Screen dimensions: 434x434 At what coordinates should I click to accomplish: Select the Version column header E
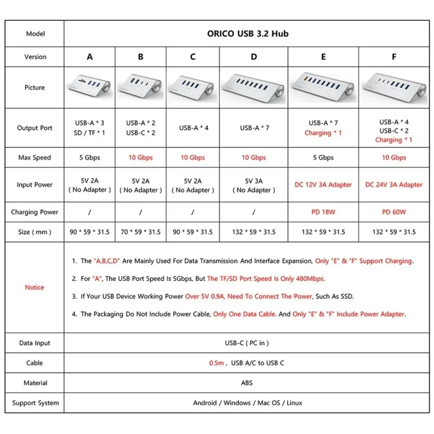click(323, 57)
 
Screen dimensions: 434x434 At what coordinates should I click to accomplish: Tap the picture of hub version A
click(89, 87)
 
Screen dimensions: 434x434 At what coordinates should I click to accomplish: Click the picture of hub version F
click(394, 87)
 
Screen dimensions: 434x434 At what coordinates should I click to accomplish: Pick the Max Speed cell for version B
click(141, 158)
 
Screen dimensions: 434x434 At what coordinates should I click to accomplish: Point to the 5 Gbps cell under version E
click(323, 158)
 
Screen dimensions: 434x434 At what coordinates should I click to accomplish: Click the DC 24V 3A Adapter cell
click(394, 185)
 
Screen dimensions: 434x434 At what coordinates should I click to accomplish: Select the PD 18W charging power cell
click(323, 212)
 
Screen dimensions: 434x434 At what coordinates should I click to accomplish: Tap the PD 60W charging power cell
click(394, 212)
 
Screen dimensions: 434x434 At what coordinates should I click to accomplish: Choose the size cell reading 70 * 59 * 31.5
click(141, 232)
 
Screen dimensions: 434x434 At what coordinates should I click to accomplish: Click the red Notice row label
click(34, 287)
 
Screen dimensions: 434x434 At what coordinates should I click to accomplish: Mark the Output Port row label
click(34, 128)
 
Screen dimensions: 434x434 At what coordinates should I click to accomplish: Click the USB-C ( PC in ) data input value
click(247, 343)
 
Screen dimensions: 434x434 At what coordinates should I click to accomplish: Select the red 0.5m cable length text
click(216, 363)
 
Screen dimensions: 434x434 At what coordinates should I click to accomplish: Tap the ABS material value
click(247, 383)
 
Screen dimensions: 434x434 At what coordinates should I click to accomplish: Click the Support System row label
click(35, 403)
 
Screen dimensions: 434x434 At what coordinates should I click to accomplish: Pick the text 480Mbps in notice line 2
click(309, 279)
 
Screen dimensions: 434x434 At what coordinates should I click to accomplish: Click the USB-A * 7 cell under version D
click(254, 128)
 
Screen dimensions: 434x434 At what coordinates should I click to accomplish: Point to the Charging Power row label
click(34, 212)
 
